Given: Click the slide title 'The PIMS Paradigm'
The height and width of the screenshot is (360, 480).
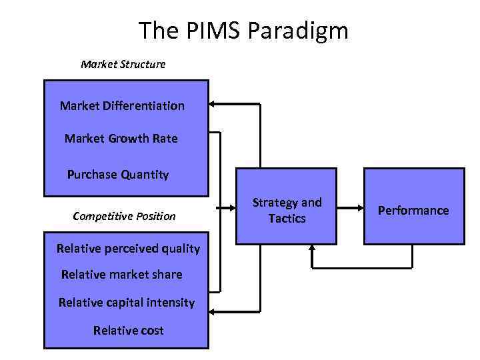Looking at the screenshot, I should click(x=243, y=30).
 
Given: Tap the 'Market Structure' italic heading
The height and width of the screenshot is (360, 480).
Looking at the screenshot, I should click(x=123, y=65).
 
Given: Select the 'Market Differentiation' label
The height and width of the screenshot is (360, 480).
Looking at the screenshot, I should click(x=122, y=105).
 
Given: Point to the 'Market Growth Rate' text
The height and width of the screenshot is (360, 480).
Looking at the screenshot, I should click(x=121, y=139).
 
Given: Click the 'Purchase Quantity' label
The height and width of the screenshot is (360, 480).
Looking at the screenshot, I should click(x=118, y=175).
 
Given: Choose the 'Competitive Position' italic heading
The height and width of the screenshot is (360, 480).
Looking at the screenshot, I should click(x=124, y=216).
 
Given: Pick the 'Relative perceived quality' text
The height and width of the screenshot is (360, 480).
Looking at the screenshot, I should click(x=128, y=249).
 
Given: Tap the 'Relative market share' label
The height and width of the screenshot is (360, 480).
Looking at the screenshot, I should click(x=121, y=274).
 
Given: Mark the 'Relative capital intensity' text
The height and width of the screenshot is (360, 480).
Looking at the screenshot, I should click(x=127, y=303).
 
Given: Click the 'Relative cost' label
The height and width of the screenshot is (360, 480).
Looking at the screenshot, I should click(x=129, y=331).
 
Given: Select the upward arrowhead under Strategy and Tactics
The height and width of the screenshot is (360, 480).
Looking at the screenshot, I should click(x=311, y=249).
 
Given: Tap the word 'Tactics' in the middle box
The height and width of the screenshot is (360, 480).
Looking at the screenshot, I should click(x=287, y=219).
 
